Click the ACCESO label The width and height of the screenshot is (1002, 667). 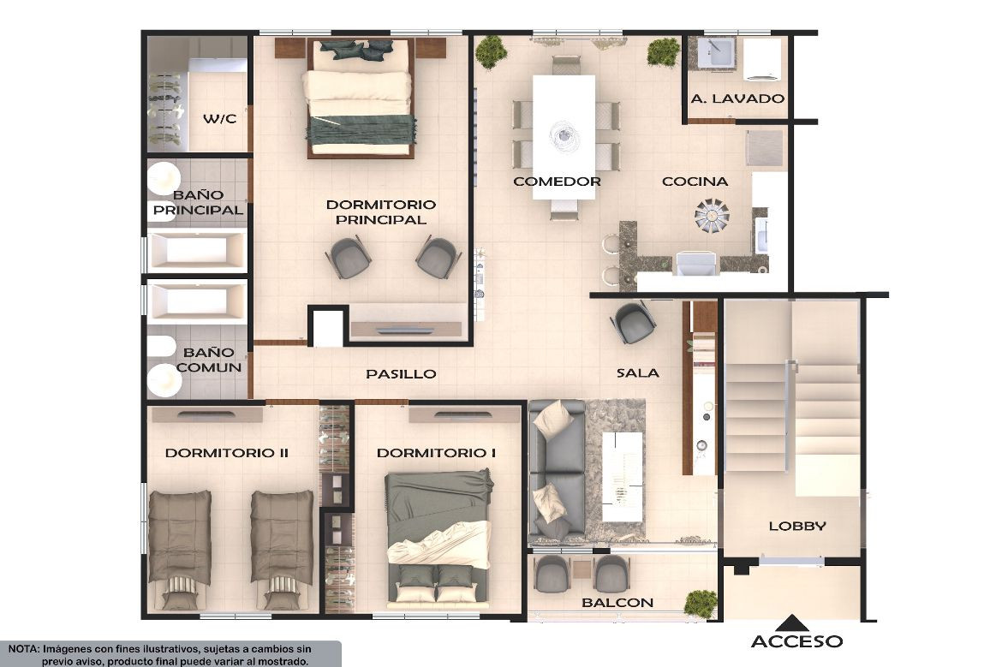click(796, 641)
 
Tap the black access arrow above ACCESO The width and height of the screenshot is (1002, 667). click(792, 623)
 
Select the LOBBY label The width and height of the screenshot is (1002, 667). click(796, 527)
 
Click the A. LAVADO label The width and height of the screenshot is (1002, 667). click(737, 98)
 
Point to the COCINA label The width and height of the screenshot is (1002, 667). click(695, 182)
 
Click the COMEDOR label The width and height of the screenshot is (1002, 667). click(557, 182)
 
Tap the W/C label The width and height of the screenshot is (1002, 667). click(219, 119)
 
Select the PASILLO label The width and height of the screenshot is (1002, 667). click(401, 374)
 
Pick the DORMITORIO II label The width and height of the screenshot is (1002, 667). click(226, 453)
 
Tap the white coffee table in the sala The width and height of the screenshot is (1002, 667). click(623, 476)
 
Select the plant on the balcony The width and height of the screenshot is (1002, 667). click(701, 604)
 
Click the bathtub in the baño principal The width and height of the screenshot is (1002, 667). click(196, 250)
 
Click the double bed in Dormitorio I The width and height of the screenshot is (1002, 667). click(438, 538)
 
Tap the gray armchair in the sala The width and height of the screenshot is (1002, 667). click(633, 323)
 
